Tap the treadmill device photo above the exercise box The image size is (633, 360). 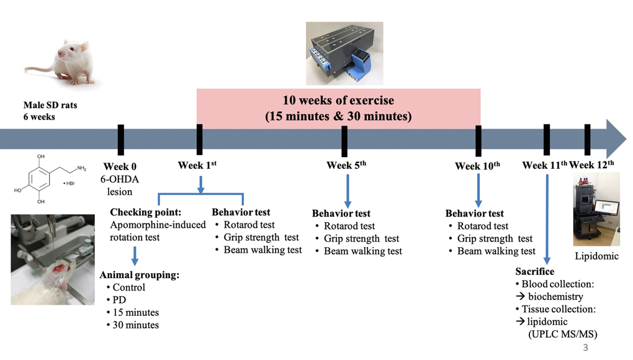point(344,53)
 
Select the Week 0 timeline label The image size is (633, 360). point(120,166)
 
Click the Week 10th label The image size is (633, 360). point(478,166)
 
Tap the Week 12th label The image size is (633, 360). point(591,164)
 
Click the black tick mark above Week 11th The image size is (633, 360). point(547,140)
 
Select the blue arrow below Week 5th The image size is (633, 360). point(348,191)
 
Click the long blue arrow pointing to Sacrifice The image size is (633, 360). point(547,219)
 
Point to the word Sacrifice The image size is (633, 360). point(534,271)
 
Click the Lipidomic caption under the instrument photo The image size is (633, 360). point(596,256)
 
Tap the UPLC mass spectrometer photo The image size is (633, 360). point(596,209)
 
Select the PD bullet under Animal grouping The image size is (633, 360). point(116,300)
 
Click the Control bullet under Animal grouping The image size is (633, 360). point(125,287)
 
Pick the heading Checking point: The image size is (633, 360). point(146,212)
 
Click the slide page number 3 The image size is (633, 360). point(585,347)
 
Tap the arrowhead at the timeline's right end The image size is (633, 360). point(616,139)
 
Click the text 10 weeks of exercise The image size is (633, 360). point(338,100)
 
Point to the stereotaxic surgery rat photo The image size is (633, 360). point(53,259)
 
